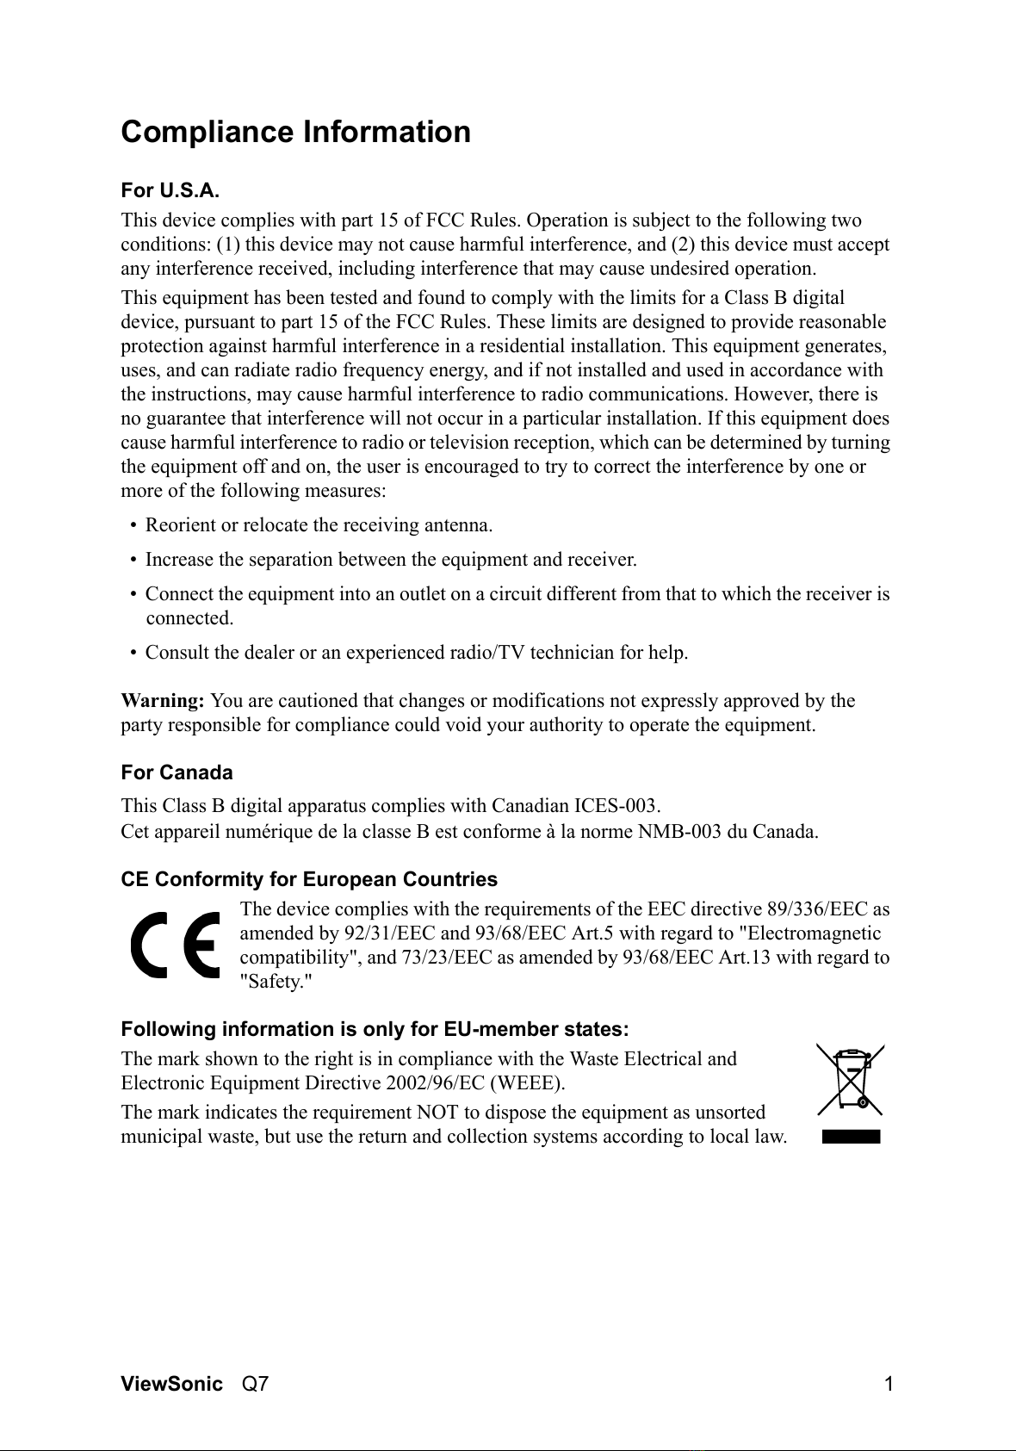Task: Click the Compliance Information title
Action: (295, 133)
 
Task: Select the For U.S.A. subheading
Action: (170, 190)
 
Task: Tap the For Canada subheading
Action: (177, 772)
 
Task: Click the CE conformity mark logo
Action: (176, 945)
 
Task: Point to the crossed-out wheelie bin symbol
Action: (851, 1080)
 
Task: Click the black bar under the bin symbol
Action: (851, 1137)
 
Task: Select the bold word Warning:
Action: (163, 701)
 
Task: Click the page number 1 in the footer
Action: (889, 1385)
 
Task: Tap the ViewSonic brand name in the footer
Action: (171, 1385)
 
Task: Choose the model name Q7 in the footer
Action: (255, 1385)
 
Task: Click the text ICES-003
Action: (616, 807)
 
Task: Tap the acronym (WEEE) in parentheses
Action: (527, 1083)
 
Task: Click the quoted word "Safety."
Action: (276, 982)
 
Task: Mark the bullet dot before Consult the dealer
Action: (133, 654)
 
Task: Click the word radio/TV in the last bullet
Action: (487, 653)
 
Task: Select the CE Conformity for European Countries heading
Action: (309, 880)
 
